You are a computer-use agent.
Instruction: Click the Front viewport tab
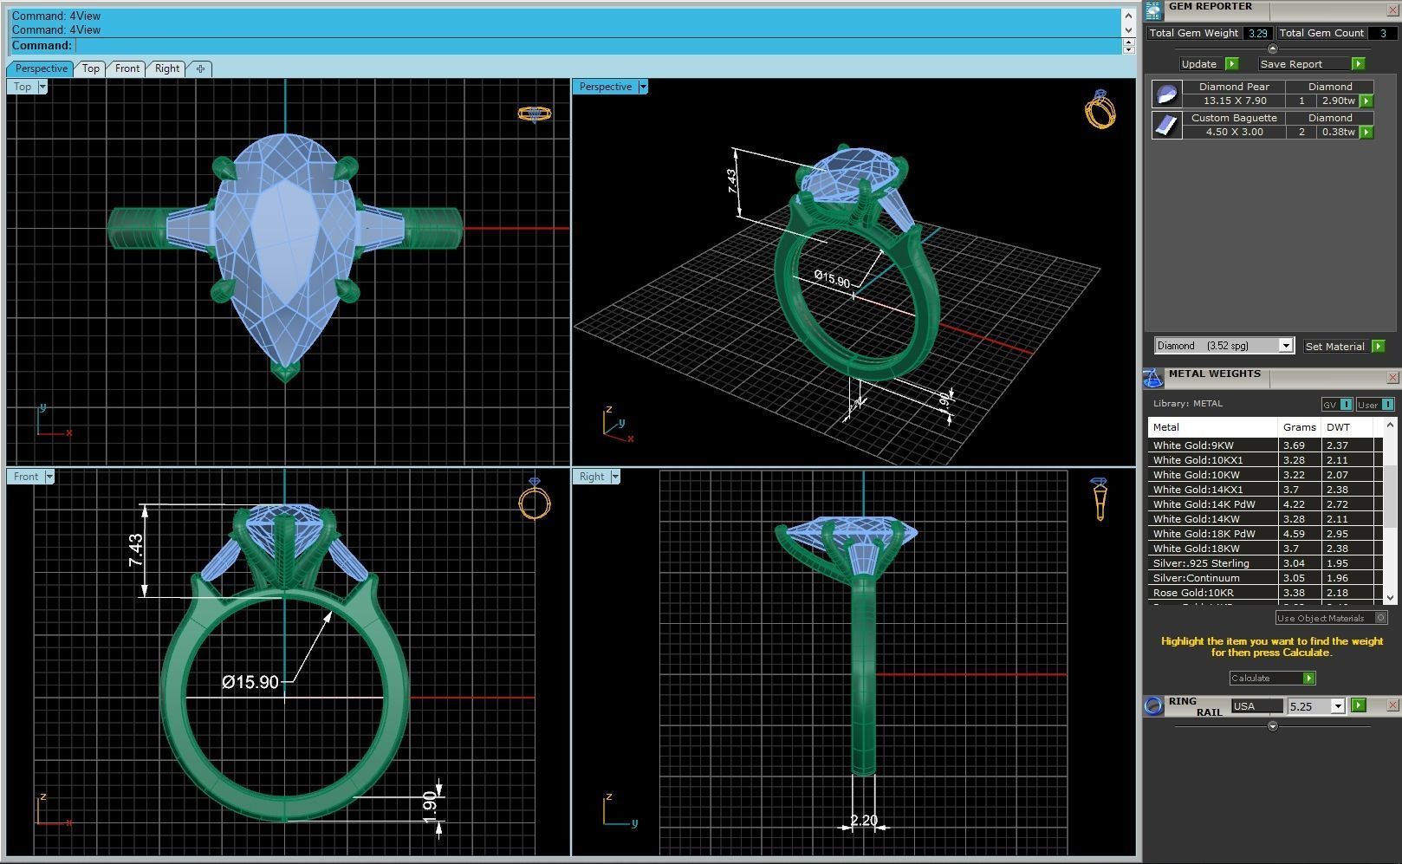coord(127,68)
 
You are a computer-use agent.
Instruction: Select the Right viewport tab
coord(167,68)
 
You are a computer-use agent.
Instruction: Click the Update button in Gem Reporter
coord(1199,64)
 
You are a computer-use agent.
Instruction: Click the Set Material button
coord(1334,347)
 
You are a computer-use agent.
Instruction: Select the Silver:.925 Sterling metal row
coord(1201,563)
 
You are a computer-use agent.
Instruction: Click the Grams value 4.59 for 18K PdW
coord(1294,534)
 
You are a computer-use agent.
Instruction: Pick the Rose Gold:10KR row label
coord(1193,593)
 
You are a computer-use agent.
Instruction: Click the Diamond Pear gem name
coord(1234,87)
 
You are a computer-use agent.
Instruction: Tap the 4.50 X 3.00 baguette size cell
coord(1234,132)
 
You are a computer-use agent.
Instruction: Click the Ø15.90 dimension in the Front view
coord(250,682)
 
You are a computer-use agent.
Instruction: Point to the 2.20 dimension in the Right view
coord(863,820)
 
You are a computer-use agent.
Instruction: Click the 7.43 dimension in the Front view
coord(136,551)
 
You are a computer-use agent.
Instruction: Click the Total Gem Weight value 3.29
coord(1257,33)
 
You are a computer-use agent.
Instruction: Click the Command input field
coord(598,46)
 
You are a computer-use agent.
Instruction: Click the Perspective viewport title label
coord(605,87)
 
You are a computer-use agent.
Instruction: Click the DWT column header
coord(1338,427)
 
